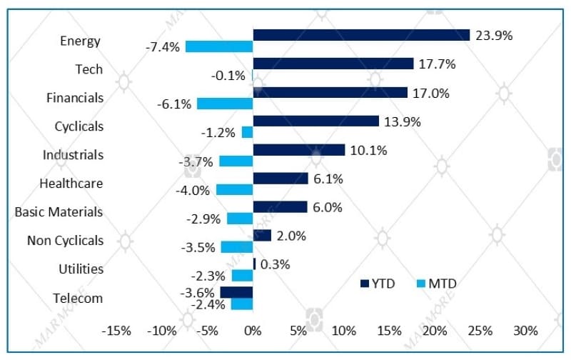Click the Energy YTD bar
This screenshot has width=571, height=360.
[x=361, y=35]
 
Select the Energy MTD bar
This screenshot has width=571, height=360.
[x=219, y=46]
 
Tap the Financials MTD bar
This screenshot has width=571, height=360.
[x=225, y=104]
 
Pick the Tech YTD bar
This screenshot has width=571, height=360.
[x=333, y=64]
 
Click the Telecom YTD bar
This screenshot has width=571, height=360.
[x=236, y=292]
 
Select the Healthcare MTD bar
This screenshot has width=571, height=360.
[x=234, y=189]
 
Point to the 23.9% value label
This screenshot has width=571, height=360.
[x=494, y=35]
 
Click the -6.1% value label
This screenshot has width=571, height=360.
[x=174, y=104]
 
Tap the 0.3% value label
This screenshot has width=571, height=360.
[x=276, y=264]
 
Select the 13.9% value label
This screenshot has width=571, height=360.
[x=402, y=121]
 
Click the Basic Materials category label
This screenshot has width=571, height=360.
[x=59, y=212]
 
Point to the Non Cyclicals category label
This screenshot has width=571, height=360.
[x=65, y=241]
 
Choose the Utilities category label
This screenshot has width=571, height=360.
[x=81, y=269]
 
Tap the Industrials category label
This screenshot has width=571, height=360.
[x=73, y=155]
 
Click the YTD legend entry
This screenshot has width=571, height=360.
[x=378, y=284]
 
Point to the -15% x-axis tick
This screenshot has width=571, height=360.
[x=116, y=331]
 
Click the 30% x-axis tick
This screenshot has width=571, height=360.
[x=526, y=331]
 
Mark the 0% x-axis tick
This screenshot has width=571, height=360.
[x=253, y=331]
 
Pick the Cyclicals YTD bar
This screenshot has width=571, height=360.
[x=316, y=121]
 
